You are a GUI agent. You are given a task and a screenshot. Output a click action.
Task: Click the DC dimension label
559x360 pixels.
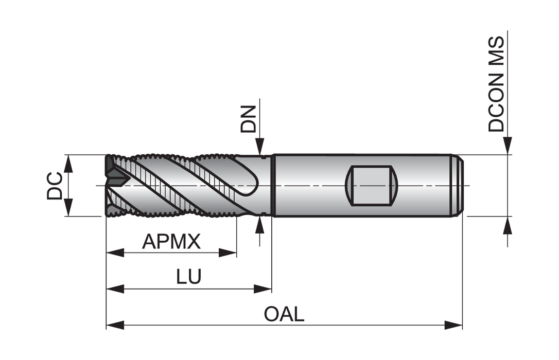pyautogui.click(x=54, y=186)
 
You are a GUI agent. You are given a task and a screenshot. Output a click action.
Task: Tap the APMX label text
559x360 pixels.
pyautogui.click(x=171, y=241)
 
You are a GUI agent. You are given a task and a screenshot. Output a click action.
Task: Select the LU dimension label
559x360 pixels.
pyautogui.click(x=188, y=277)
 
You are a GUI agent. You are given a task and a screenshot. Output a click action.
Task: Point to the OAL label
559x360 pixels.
pyautogui.click(x=284, y=314)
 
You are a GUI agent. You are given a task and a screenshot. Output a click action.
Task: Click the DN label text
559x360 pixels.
pyautogui.click(x=249, y=119)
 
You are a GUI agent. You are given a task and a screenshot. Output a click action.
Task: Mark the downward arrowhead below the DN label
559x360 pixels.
pyautogui.click(x=260, y=147)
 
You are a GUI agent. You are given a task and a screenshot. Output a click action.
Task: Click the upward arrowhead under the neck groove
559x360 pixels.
pyautogui.click(x=260, y=225)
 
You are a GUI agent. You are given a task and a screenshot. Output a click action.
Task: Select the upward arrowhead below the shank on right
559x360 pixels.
pyautogui.click(x=508, y=225)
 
